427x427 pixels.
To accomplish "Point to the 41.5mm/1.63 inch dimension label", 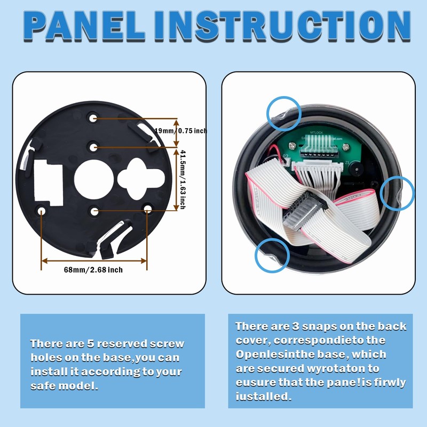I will point(182,179).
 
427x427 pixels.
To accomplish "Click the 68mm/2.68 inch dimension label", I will point(93,270).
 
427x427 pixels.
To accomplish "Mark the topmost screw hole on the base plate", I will point(93,117).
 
